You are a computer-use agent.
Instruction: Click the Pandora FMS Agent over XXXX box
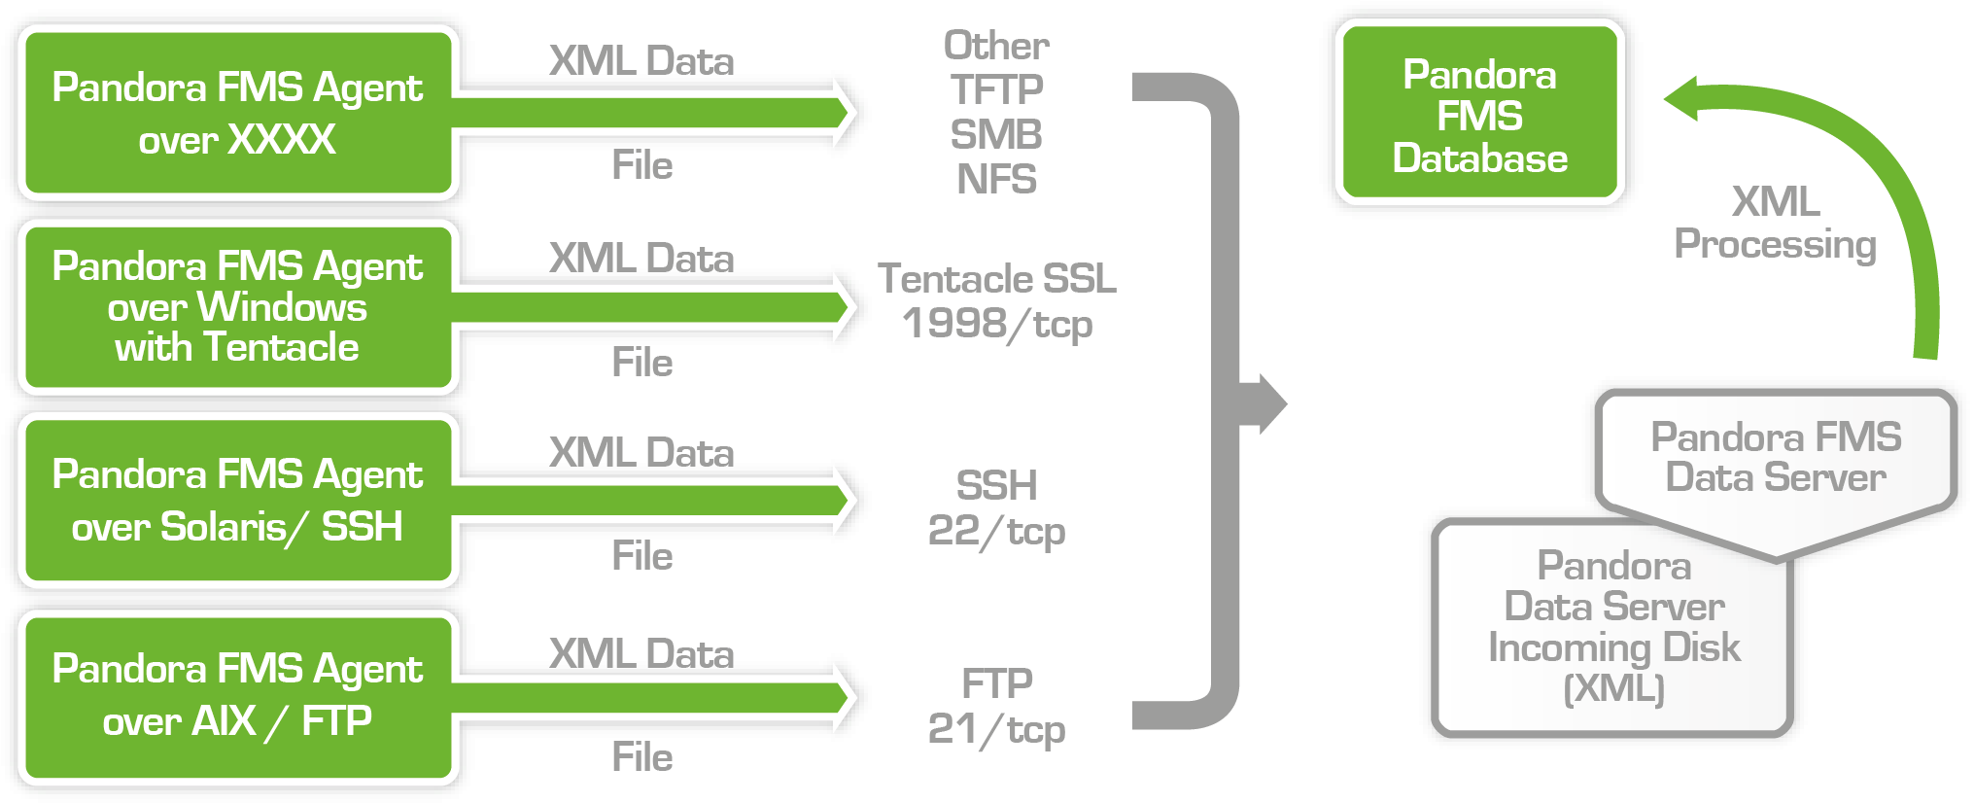point(237,114)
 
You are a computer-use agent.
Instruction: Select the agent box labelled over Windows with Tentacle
point(237,307)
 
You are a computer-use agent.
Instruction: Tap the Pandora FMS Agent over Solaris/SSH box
point(237,501)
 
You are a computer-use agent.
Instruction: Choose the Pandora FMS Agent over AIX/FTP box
point(237,696)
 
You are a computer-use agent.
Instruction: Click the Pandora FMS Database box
point(1479,116)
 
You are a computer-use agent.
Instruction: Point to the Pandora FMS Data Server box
point(1776,458)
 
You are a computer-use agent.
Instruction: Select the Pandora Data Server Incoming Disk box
point(1613,627)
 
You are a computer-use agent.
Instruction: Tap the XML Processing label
point(1775,224)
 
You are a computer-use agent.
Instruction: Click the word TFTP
point(996,90)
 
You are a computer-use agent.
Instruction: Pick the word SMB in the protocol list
point(996,135)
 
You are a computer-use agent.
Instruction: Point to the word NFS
point(996,180)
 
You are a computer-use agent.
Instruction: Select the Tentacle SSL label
point(996,279)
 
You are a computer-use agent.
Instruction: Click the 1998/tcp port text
point(996,325)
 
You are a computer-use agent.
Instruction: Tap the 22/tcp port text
point(996,532)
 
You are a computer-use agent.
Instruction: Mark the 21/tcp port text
point(996,729)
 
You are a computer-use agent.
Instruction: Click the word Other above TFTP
point(996,46)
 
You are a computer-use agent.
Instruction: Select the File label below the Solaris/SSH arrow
point(641,557)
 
